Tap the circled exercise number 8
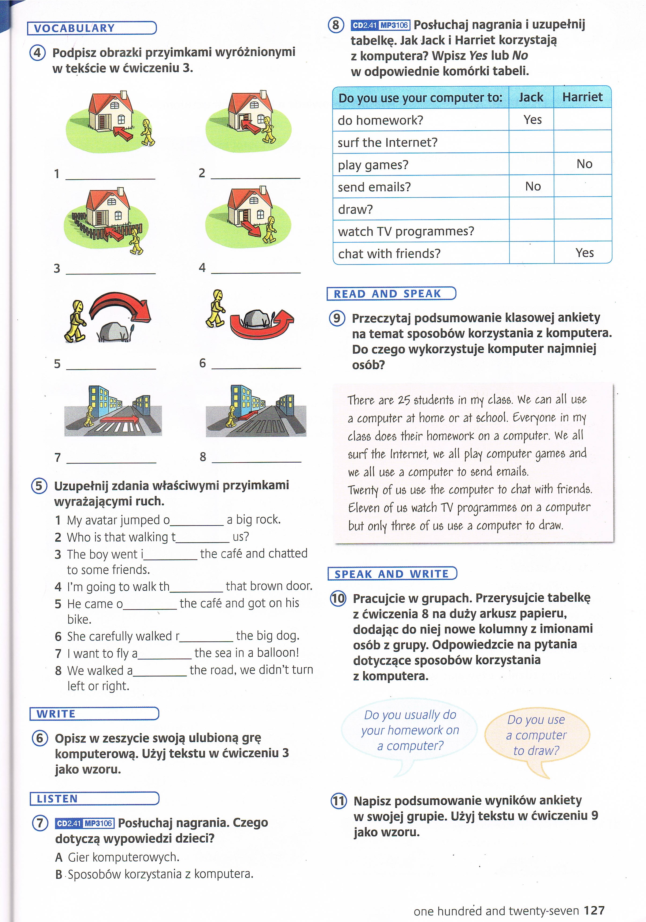point(336,25)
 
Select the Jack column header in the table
point(531,97)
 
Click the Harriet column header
point(582,97)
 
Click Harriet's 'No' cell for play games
point(584,164)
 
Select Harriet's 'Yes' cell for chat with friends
point(584,253)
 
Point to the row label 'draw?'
point(356,209)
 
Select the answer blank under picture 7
point(111,458)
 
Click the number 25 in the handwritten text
point(404,400)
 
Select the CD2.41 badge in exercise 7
point(69,823)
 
